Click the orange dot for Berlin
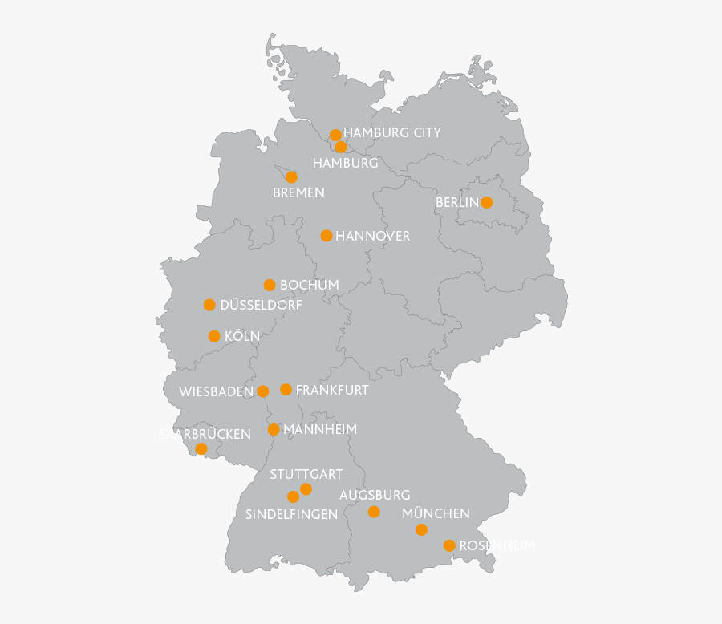coord(486,202)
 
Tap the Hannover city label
coord(372,236)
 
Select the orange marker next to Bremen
coord(291,176)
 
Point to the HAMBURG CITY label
coord(392,132)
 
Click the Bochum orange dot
coord(270,285)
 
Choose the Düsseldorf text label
coord(261,305)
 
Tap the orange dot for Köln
coord(214,336)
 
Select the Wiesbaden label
coord(216,391)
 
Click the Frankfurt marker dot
coord(286,390)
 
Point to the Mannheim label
coord(320,429)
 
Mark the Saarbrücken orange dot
coord(201,448)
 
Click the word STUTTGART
coord(306,474)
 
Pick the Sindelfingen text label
coord(291,514)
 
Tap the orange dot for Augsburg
coord(374,512)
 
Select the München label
coord(436,513)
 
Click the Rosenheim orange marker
coord(449,545)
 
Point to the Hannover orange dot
coord(327,236)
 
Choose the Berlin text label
coord(457,202)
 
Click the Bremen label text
coord(298,192)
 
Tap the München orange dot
coord(421,529)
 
